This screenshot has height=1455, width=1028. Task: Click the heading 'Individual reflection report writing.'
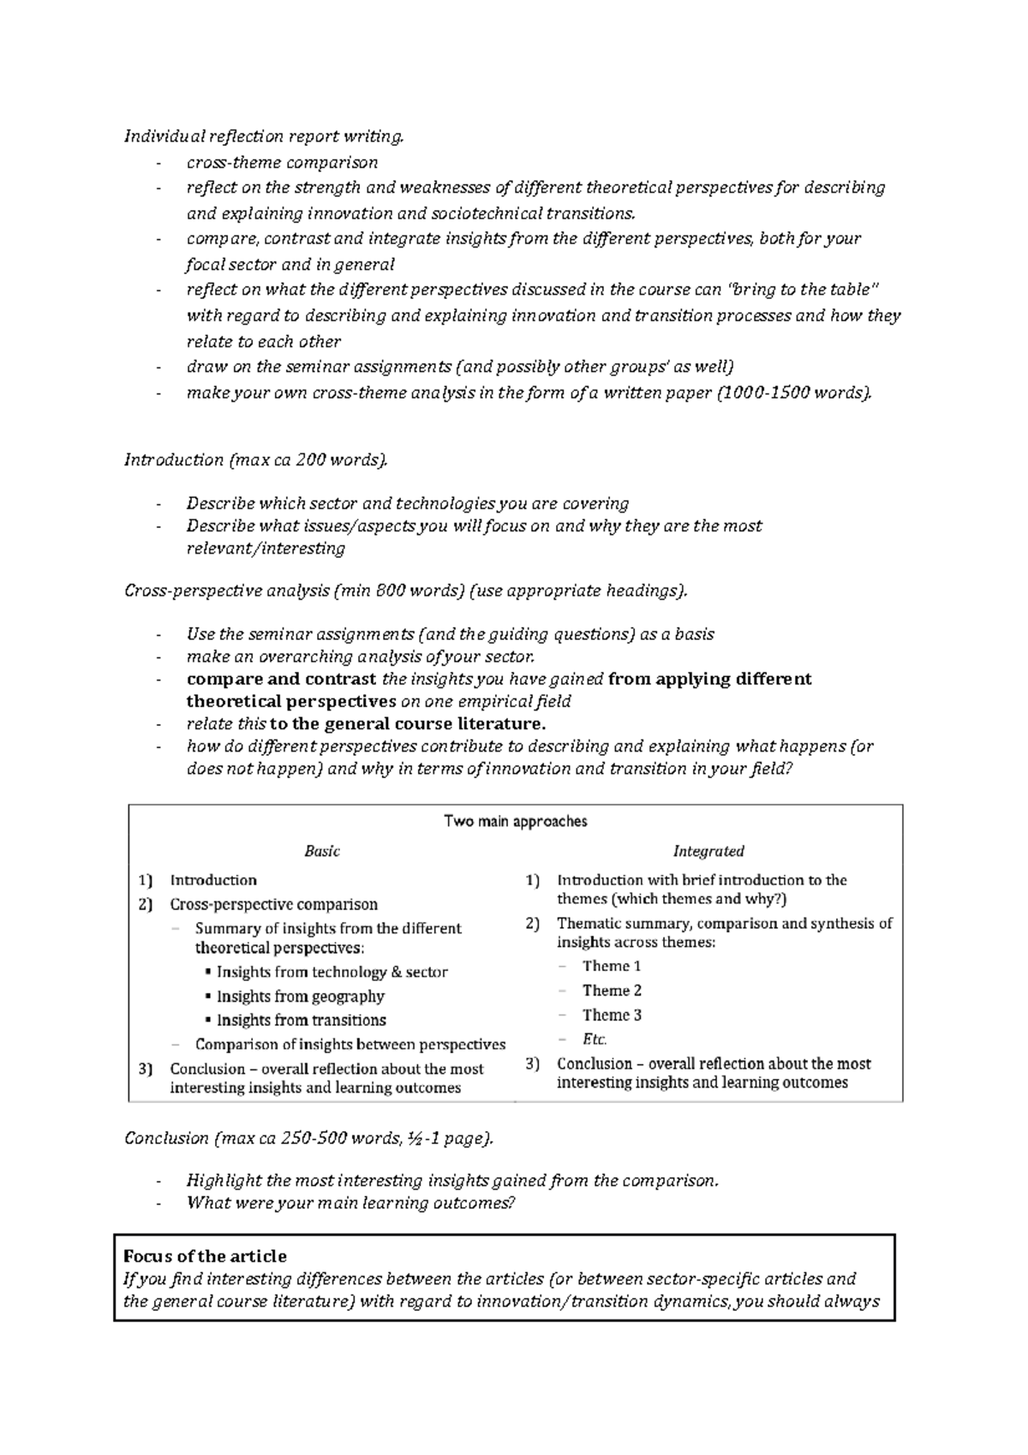(263, 136)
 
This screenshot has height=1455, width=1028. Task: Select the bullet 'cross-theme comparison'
(282, 162)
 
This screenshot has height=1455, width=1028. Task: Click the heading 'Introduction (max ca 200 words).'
(255, 460)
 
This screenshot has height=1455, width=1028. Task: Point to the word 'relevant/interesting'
(266, 548)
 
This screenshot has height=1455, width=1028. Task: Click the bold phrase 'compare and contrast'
(281, 680)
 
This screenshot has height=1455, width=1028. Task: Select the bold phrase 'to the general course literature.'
(408, 724)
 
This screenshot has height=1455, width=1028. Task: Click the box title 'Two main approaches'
(515, 821)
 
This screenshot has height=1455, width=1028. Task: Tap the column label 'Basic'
(322, 851)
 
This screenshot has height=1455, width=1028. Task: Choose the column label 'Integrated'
(708, 851)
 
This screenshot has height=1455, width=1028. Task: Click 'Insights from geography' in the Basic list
(300, 996)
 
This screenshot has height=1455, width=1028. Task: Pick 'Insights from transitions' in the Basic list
(301, 1020)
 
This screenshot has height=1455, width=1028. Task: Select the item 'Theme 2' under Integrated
(612, 991)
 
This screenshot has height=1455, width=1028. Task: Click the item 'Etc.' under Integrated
(595, 1039)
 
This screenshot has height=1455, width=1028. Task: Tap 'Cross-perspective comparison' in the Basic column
(273, 904)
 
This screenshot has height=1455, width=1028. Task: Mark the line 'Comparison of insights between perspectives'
(350, 1045)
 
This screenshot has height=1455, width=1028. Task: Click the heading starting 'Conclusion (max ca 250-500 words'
(308, 1138)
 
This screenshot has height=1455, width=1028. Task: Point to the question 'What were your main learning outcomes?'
(351, 1203)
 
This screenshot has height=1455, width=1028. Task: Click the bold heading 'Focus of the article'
(205, 1256)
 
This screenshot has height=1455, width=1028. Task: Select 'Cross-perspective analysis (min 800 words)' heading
(405, 590)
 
